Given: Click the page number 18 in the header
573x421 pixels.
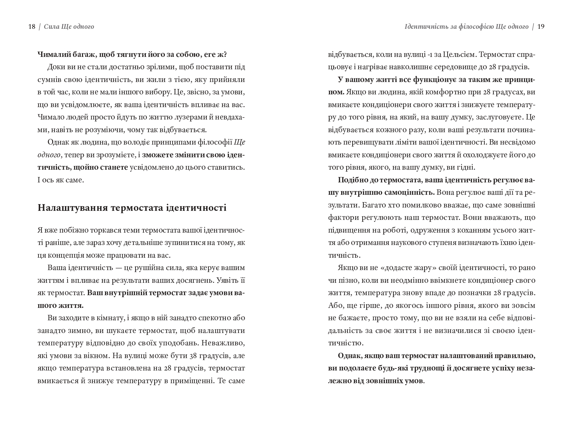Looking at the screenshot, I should [32, 27].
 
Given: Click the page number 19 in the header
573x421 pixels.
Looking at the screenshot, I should [541, 27].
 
